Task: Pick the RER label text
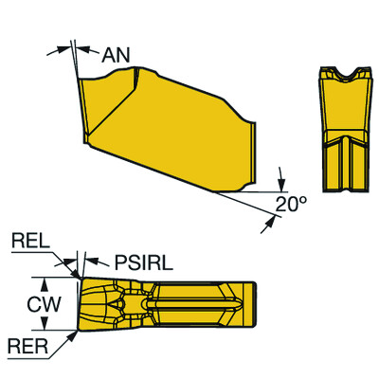(26, 347)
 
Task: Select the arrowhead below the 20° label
(272, 219)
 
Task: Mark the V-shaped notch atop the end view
(341, 74)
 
